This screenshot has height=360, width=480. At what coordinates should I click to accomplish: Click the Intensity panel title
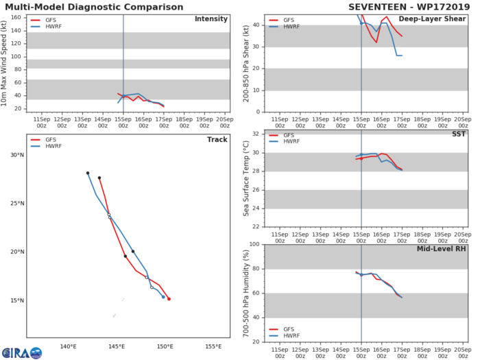(x=211, y=19)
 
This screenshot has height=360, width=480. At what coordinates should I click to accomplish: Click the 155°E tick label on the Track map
(x=213, y=346)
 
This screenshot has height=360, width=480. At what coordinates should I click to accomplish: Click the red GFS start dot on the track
(x=169, y=299)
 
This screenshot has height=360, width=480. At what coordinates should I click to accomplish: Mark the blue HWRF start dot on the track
(x=163, y=297)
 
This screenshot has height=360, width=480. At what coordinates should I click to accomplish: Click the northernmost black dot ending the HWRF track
(x=88, y=173)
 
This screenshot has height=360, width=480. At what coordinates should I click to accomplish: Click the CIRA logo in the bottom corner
(x=21, y=352)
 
